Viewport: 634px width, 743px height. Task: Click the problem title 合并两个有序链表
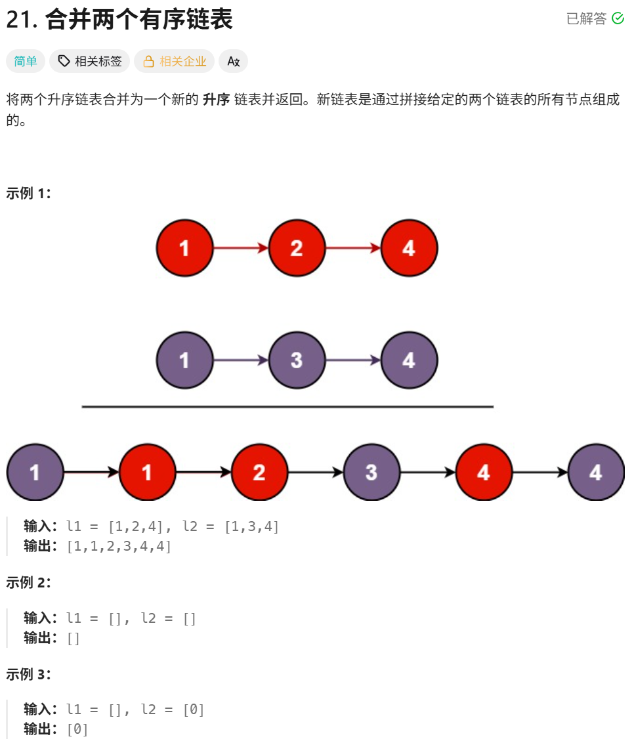point(138,20)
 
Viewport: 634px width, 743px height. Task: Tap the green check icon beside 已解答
point(618,18)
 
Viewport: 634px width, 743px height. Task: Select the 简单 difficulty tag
point(26,61)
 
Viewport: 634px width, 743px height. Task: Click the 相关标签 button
point(90,61)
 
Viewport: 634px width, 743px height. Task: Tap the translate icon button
point(233,61)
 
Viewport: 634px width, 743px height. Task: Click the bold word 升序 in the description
point(216,100)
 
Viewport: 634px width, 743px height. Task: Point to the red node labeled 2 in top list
point(297,248)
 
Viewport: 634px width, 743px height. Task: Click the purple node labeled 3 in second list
point(297,360)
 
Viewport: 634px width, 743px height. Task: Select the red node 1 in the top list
point(184,248)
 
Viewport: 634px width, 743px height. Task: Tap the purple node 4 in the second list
point(409,360)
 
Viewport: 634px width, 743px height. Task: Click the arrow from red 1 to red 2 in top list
point(240,248)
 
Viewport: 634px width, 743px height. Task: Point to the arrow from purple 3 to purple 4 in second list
point(352,360)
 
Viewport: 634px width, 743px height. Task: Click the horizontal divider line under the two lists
point(287,407)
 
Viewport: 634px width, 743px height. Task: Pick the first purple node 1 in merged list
point(35,473)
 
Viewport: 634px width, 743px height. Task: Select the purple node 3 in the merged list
point(371,473)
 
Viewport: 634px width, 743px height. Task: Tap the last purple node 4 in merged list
point(596,473)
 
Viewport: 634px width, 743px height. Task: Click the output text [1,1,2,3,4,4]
point(119,546)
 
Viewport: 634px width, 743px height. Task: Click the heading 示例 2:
point(28,582)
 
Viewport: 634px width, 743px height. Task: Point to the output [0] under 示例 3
point(77,729)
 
